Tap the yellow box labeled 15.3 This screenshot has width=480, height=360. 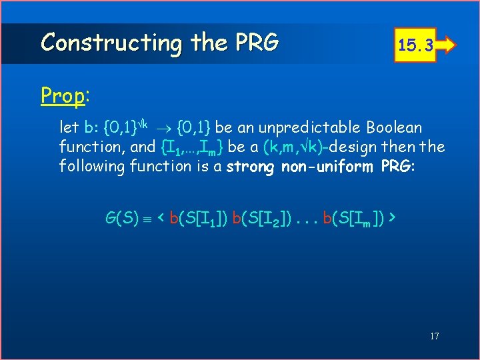(416, 45)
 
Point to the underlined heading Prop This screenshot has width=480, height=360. (63, 96)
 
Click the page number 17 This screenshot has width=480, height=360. (433, 336)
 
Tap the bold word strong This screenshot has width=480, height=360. (250, 166)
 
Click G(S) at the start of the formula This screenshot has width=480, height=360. (122, 217)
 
